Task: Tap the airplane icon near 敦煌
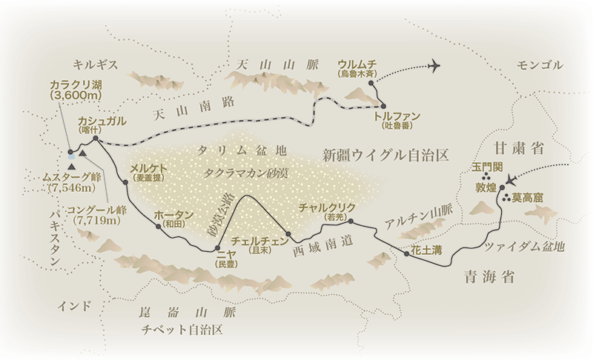click(x=511, y=179)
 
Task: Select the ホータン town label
click(x=174, y=216)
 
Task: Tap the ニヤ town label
click(x=224, y=253)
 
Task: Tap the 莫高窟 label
click(x=528, y=198)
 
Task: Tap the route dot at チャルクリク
click(x=350, y=221)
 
